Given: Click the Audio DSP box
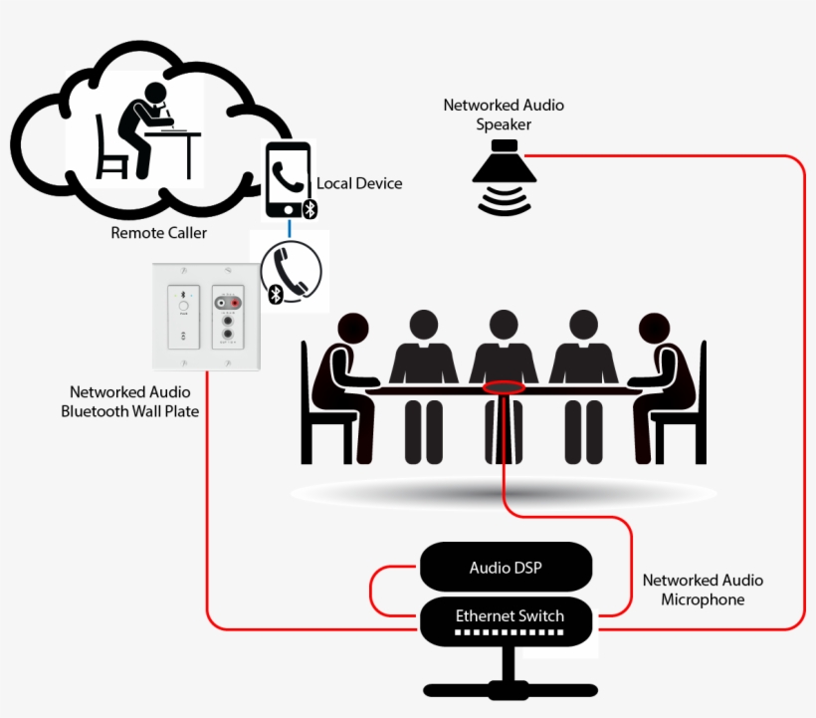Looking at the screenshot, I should click(x=506, y=569).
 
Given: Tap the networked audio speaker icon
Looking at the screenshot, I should click(x=506, y=179).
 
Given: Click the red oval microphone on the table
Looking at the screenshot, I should click(x=504, y=386).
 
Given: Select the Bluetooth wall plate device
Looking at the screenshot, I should click(x=207, y=317).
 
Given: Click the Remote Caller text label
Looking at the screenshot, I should click(x=158, y=233).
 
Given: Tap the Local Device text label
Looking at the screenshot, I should click(x=359, y=183).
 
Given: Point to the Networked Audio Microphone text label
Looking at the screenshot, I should click(x=703, y=590).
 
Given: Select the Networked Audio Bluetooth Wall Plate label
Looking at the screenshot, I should click(x=129, y=401).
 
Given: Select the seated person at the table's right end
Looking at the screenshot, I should click(x=667, y=388).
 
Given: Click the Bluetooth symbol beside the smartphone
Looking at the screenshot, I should click(x=309, y=207).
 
